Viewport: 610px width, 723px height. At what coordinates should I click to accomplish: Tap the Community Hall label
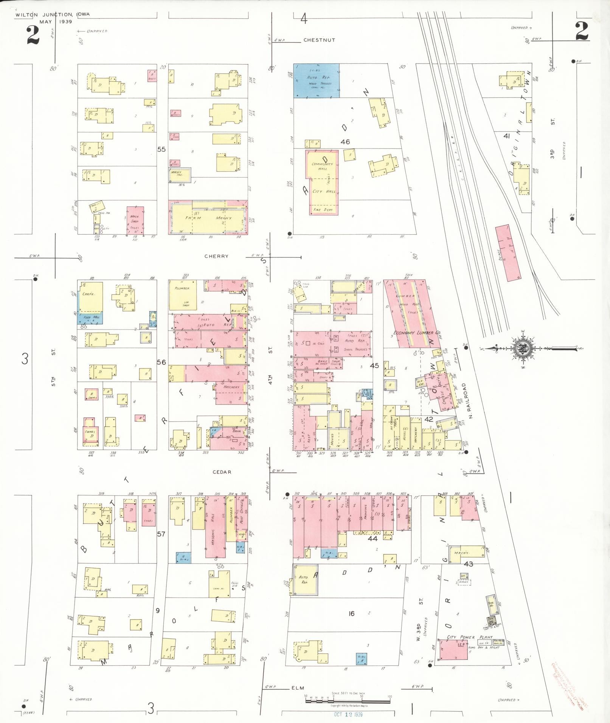[322, 167]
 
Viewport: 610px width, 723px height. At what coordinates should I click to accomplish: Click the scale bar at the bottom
[348, 701]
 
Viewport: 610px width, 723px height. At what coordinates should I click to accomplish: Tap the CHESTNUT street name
[319, 40]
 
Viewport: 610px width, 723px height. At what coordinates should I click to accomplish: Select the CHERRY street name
[216, 256]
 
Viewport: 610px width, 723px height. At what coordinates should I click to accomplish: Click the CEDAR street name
[222, 472]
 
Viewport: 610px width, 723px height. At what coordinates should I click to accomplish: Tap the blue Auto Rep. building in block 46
[316, 81]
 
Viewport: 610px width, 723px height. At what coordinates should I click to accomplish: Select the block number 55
[161, 149]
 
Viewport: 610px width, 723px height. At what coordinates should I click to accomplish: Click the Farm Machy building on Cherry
[208, 218]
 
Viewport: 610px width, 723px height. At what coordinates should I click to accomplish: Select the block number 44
[373, 539]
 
